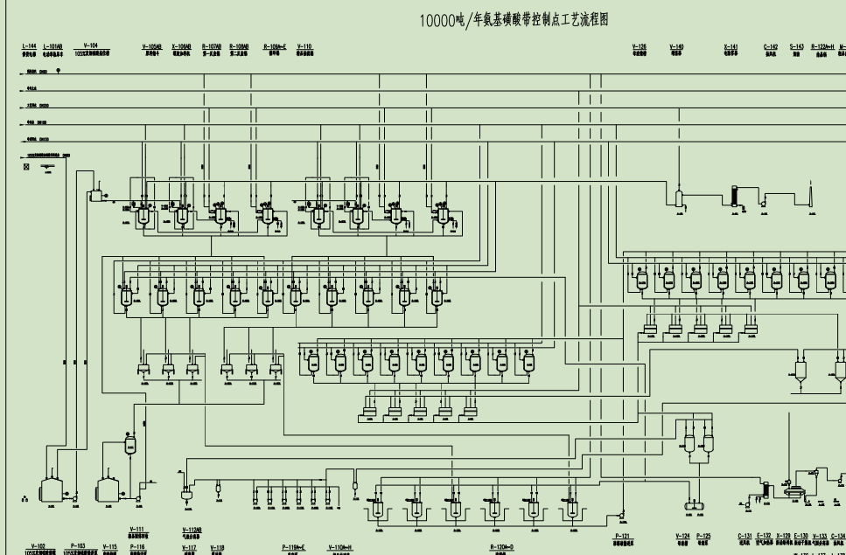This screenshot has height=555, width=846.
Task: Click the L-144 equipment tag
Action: point(29,45)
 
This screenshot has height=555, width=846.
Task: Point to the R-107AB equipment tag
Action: point(211,45)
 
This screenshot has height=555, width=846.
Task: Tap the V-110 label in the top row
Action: point(304,45)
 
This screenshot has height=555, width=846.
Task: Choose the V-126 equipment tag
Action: point(640,45)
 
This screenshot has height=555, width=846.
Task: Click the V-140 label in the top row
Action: point(676,45)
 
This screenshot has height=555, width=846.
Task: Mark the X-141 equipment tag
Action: point(731,45)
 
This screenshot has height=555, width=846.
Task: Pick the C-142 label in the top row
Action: point(771,45)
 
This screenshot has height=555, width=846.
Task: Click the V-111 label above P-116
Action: point(136,529)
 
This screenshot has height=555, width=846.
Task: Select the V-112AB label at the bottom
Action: point(192,529)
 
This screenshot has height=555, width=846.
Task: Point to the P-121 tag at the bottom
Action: point(622,536)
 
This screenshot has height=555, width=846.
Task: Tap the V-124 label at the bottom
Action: point(683,536)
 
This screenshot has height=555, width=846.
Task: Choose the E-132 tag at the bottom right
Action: point(764,536)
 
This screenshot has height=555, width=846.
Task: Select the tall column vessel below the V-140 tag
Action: point(679,196)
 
